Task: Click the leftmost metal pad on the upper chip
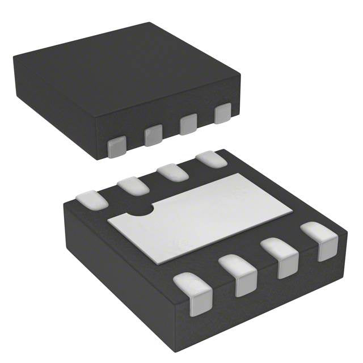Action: pos(116,146)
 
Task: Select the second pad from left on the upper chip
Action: pos(153,134)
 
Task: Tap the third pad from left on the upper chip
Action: pos(188,124)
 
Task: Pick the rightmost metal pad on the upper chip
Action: pos(223,113)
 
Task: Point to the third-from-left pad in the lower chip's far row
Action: pos(172,171)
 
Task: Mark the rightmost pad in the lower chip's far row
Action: pos(211,159)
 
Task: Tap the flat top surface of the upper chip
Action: pos(125,68)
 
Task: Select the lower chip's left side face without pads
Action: pos(113,272)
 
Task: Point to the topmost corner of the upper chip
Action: pos(149,22)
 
